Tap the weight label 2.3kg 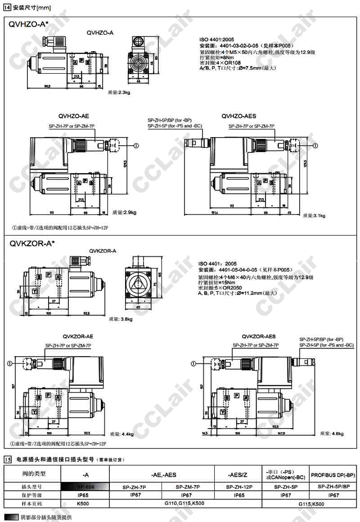click(119, 93)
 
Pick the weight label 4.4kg click(122, 434)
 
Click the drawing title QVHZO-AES click(238, 116)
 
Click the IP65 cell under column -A click(85, 495)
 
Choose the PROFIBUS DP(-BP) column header click(333, 474)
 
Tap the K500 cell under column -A click(85, 504)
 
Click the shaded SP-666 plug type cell click(85, 486)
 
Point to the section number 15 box click(7, 460)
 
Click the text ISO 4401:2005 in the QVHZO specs click(216, 40)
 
